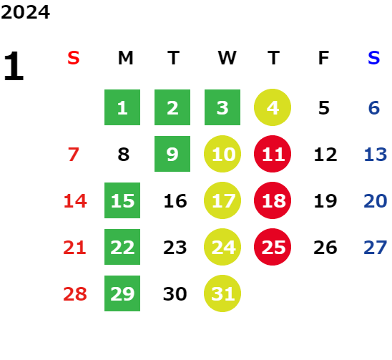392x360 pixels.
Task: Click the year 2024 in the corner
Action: tap(25, 12)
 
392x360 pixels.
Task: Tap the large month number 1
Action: tap(14, 66)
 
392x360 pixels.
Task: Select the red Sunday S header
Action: tap(74, 58)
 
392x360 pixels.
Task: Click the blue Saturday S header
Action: tap(373, 58)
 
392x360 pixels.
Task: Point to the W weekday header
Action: tap(227, 58)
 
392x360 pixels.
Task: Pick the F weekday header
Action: tap(323, 58)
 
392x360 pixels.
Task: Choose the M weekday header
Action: tap(125, 58)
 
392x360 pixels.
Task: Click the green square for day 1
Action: tap(122, 107)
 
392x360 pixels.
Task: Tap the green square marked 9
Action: tap(172, 154)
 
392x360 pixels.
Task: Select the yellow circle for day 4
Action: tap(273, 107)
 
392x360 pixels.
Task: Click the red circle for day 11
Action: tap(273, 154)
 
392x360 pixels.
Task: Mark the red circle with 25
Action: tap(273, 247)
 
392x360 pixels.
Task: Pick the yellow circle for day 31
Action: tap(222, 293)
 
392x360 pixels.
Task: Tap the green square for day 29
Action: tap(122, 293)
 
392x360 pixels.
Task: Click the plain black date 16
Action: tap(175, 200)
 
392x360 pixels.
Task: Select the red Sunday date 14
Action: tap(75, 200)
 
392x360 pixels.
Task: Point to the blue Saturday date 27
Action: tap(376, 248)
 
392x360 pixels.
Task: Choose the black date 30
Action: tap(175, 293)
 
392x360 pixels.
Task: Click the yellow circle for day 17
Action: tap(222, 200)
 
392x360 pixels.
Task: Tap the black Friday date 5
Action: tap(324, 108)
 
